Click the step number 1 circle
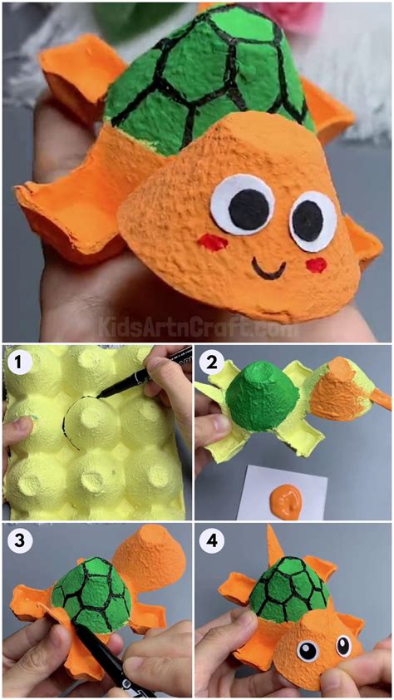coord(20,363)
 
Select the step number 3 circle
coord(20,541)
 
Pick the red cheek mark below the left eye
coord(214,242)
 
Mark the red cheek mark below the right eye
coord(316,264)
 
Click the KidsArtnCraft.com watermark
coord(197,327)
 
